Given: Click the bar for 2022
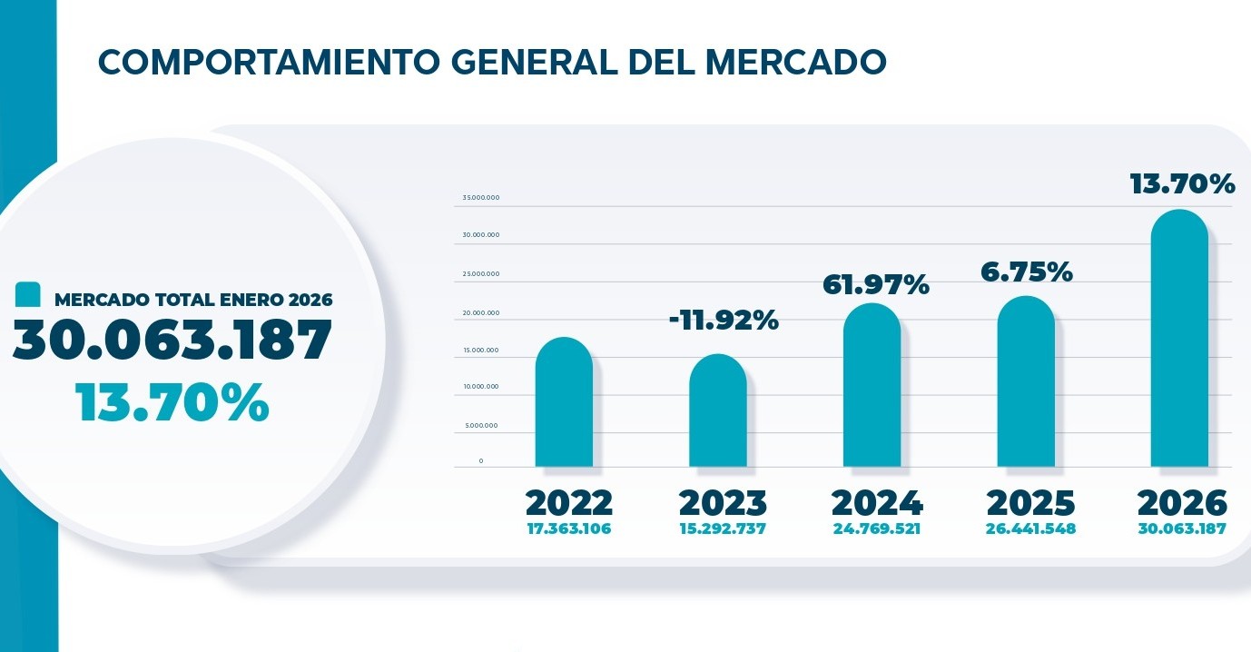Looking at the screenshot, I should [x=564, y=403].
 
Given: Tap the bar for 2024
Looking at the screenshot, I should [x=872, y=386].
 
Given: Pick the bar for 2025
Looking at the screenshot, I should [x=1026, y=382].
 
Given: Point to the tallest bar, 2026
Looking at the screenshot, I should [x=1179, y=340].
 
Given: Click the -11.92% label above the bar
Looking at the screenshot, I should [x=724, y=321].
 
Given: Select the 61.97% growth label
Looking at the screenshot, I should [x=876, y=285].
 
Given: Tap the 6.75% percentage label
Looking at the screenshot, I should [x=1026, y=272].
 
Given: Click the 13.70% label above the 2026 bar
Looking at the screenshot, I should [x=1182, y=184].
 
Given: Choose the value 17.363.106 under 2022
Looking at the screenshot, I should [x=569, y=529].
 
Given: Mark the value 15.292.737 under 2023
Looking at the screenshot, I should [x=723, y=529].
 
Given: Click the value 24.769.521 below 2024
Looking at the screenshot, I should [x=876, y=529].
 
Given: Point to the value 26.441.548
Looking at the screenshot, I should [x=1030, y=529].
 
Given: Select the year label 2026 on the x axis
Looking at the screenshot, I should [x=1182, y=503].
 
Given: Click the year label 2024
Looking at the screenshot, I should [x=876, y=503].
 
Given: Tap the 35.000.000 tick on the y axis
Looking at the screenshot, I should [x=481, y=198].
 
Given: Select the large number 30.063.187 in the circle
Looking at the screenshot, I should [x=172, y=341].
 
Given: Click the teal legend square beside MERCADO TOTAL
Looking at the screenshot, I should [x=29, y=295].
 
